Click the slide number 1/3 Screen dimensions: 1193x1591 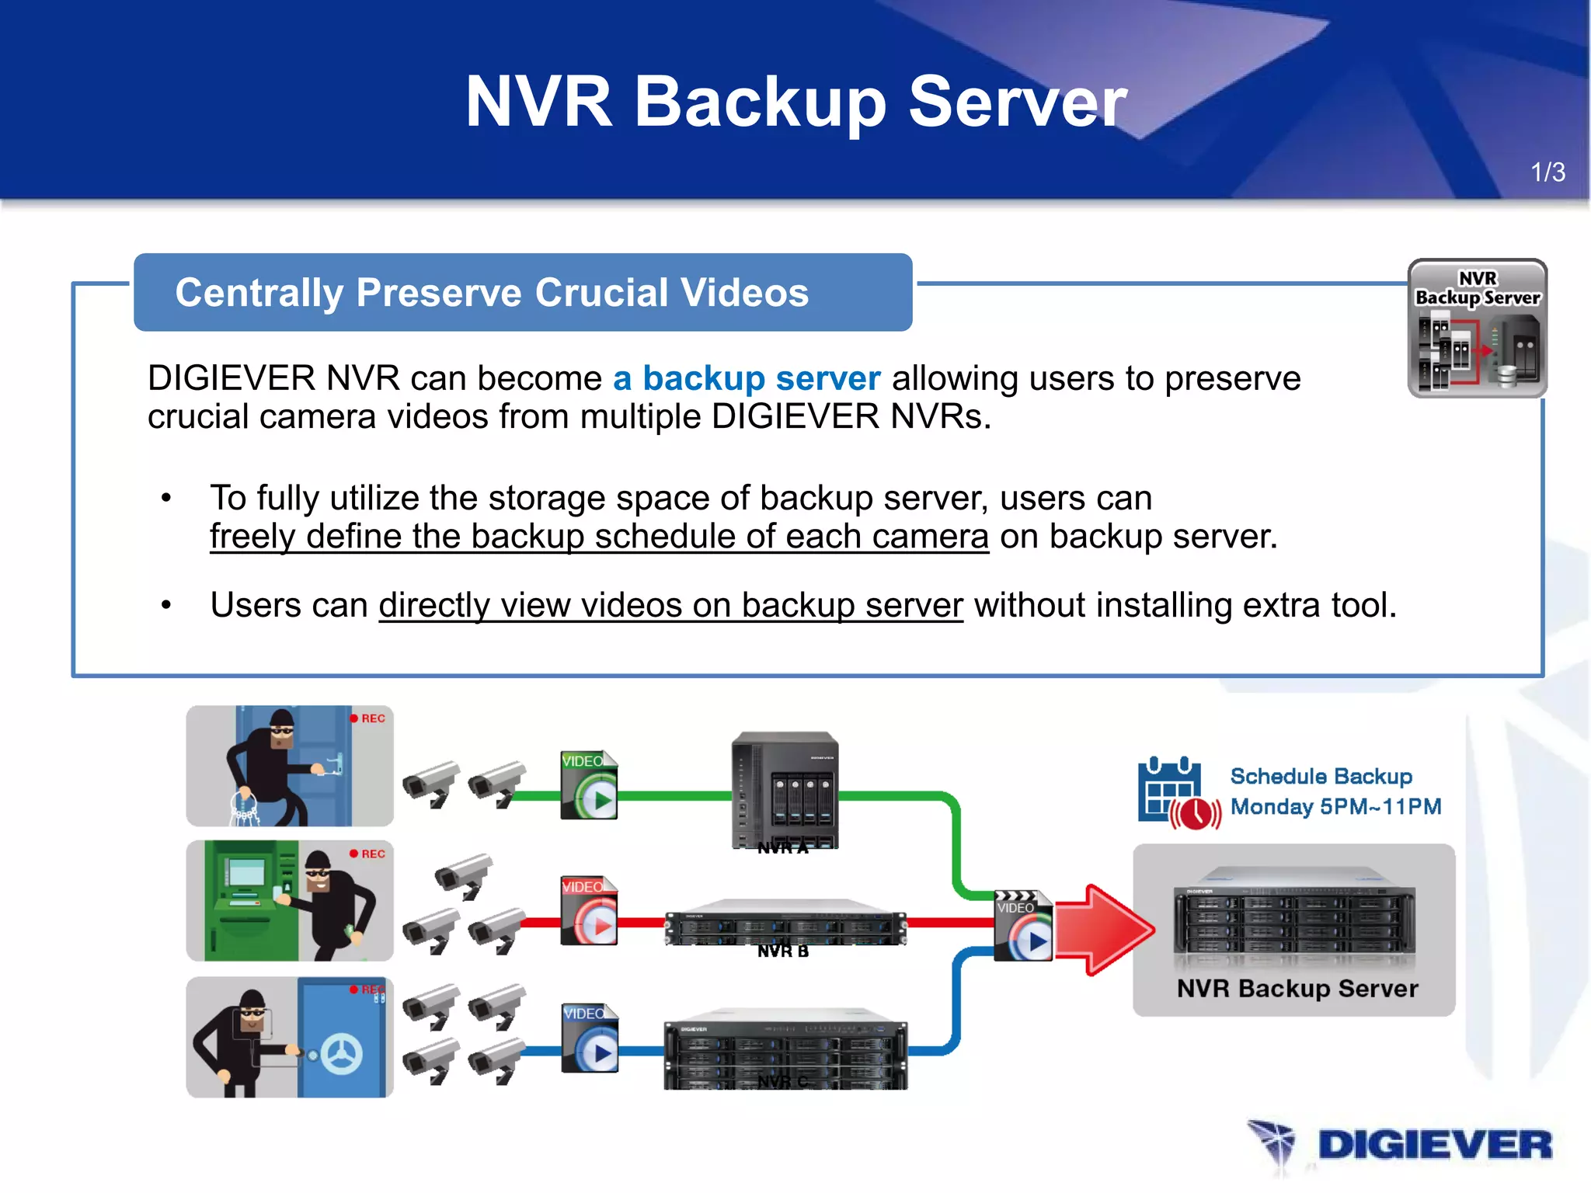[x=1547, y=172]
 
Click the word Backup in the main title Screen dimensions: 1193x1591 [x=760, y=103]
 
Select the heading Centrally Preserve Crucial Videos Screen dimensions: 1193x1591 [x=492, y=293]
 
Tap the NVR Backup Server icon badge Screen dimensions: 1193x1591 [x=1477, y=329]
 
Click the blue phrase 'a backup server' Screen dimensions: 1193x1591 [x=746, y=378]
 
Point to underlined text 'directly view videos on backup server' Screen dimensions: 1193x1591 [x=670, y=605]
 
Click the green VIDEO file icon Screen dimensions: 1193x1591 [x=589, y=785]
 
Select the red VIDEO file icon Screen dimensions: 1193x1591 [x=589, y=911]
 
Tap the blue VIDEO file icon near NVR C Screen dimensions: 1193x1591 [x=590, y=1038]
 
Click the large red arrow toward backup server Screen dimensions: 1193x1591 [x=1103, y=930]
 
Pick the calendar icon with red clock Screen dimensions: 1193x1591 [x=1176, y=793]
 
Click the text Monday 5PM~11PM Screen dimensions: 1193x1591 [x=1335, y=807]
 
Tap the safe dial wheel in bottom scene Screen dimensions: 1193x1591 [x=342, y=1055]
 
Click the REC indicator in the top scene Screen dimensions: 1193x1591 [x=367, y=718]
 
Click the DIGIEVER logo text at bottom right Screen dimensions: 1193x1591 [x=1434, y=1146]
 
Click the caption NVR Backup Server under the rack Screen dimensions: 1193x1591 [x=1297, y=989]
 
